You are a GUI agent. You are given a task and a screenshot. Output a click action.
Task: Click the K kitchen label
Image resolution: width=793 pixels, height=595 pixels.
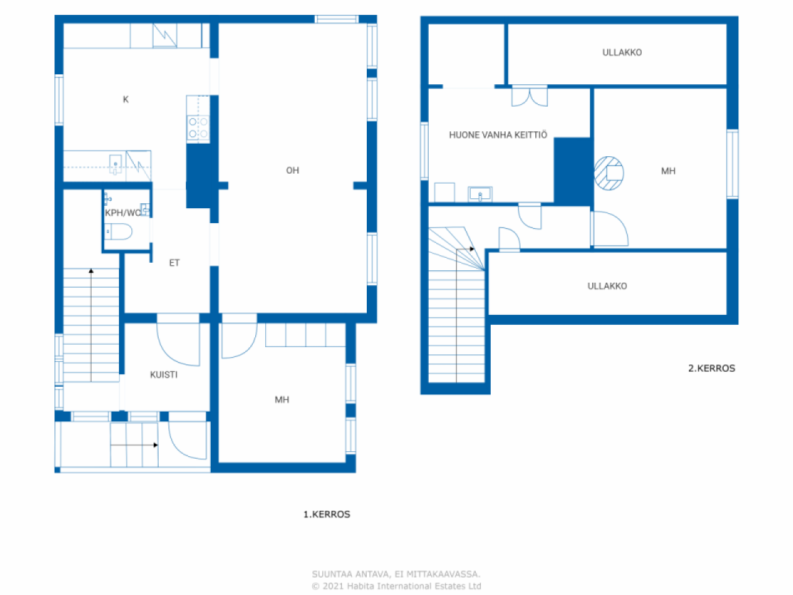(x=126, y=99)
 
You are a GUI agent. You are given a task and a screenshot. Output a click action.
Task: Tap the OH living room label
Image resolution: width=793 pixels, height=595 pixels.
(x=292, y=170)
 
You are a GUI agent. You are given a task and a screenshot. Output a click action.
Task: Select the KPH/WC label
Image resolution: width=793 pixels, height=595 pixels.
(x=123, y=213)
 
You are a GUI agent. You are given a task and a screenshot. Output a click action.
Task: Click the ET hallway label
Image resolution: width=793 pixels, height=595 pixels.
(x=175, y=263)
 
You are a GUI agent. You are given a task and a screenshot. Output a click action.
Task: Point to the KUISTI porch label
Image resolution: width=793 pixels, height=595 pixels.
(x=164, y=374)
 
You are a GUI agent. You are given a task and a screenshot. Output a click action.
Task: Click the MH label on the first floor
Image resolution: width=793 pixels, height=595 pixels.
(x=282, y=400)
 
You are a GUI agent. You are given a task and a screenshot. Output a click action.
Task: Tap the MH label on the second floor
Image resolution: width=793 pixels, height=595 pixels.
(x=668, y=171)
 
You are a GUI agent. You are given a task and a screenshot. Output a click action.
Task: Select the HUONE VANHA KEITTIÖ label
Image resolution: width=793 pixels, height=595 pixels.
(x=498, y=134)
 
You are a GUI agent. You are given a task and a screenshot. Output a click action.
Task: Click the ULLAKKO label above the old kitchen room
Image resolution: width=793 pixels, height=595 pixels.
(x=622, y=53)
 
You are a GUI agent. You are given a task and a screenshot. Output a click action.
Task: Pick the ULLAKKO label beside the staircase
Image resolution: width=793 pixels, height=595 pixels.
(x=607, y=286)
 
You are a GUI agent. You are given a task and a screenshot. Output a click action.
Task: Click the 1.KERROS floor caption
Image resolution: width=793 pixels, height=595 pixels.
(x=326, y=514)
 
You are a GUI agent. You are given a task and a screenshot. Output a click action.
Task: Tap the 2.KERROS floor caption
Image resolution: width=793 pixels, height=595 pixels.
(x=711, y=368)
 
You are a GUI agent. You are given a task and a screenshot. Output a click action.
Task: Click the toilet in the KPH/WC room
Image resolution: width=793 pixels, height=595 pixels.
(x=118, y=231)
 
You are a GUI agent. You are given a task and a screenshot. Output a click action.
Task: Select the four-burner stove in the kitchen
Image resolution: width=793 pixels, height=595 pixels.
(x=198, y=128)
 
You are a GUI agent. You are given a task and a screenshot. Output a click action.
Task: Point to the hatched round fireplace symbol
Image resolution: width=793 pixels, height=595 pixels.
(x=609, y=173)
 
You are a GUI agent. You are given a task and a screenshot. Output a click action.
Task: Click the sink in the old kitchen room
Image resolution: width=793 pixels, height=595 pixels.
(x=480, y=194)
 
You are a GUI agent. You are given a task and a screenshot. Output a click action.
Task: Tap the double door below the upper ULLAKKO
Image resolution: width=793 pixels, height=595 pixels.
(x=530, y=96)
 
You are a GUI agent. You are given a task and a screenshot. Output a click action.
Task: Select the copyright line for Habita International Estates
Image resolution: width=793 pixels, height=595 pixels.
(x=396, y=586)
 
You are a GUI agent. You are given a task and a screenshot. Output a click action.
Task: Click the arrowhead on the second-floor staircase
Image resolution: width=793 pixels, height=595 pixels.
(x=472, y=249)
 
